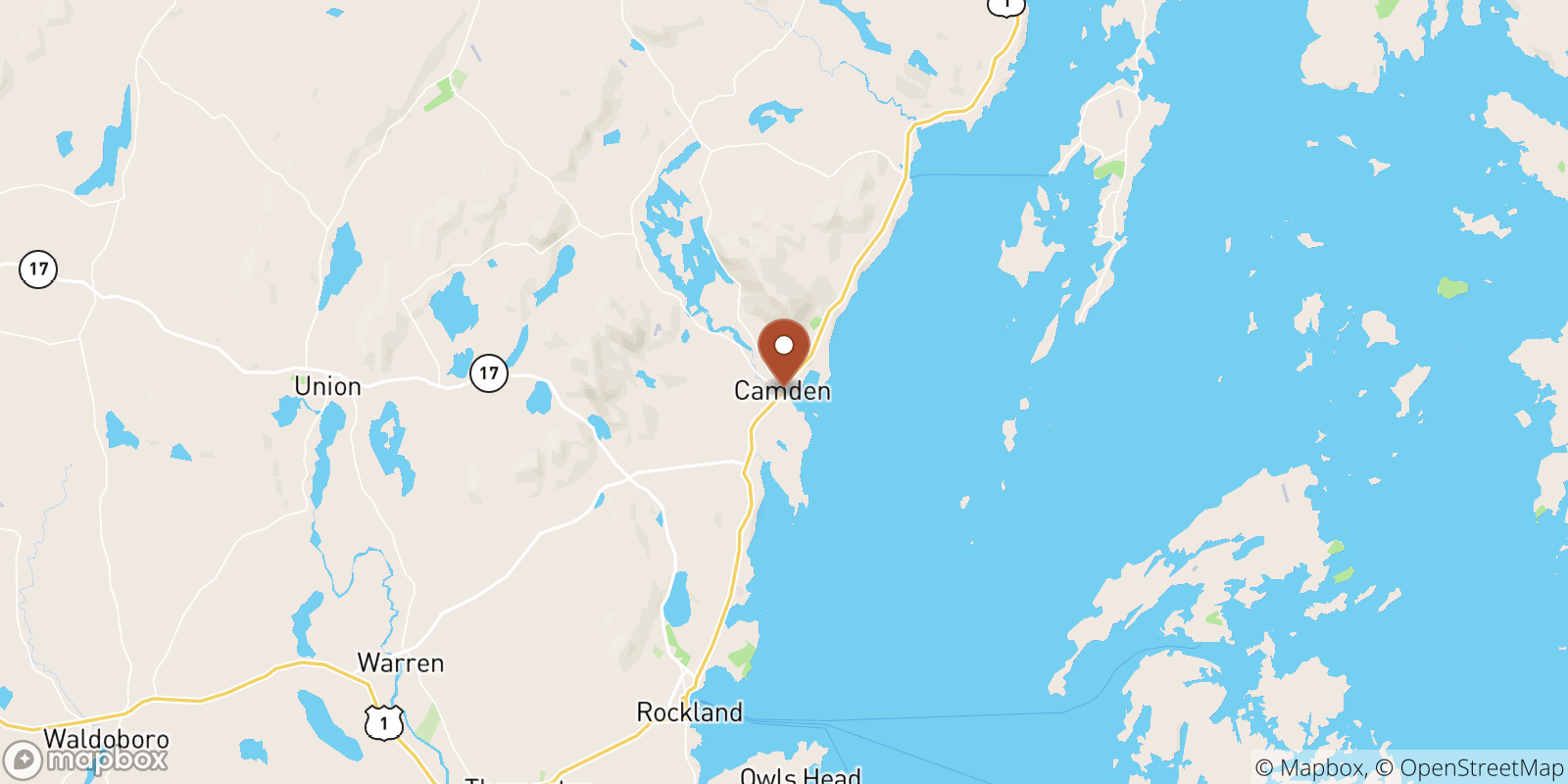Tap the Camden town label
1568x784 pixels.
[782, 391]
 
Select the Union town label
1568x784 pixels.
[327, 387]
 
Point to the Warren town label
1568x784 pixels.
[400, 663]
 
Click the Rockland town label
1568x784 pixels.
[689, 712]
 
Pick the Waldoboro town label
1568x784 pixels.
[106, 738]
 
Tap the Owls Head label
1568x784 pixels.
[800, 776]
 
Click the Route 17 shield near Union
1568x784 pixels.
[488, 373]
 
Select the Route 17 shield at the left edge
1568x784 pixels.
[38, 269]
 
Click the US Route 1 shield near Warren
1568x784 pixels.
[383, 723]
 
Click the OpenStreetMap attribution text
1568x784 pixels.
[1481, 768]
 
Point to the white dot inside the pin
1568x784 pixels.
[784, 345]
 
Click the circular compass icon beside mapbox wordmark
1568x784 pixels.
[23, 759]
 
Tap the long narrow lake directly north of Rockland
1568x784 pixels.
[677, 600]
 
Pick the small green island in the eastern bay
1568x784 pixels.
[1451, 288]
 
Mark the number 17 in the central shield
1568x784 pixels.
[488, 373]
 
